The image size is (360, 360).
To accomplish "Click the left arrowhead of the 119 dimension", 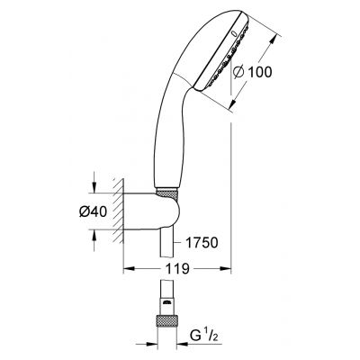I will [127, 268].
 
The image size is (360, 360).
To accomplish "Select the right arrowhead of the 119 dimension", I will [228, 268].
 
